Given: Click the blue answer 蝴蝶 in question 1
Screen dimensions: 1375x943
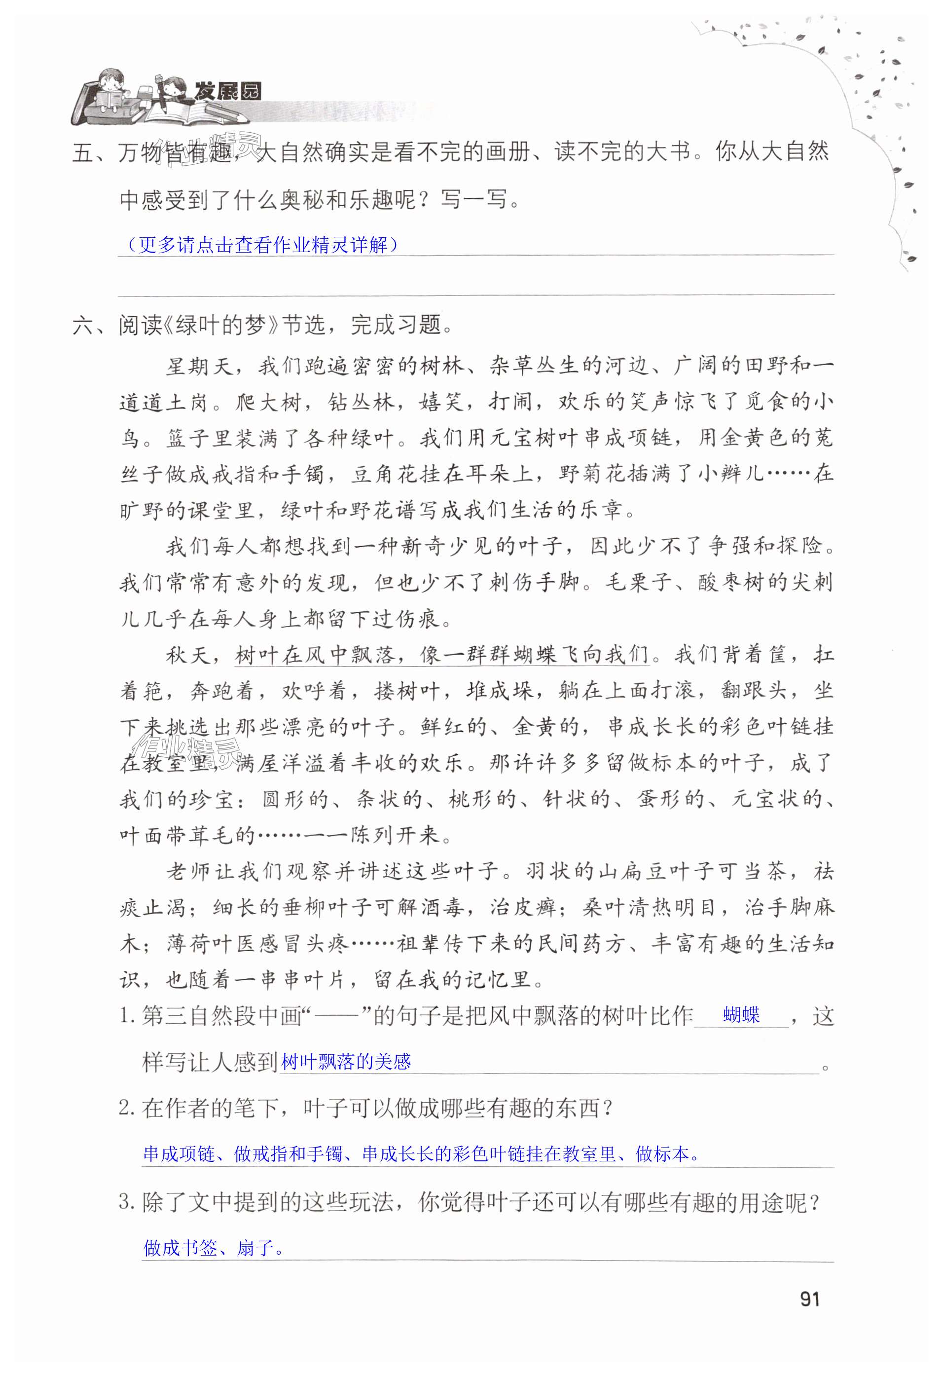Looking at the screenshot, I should click(x=741, y=1015).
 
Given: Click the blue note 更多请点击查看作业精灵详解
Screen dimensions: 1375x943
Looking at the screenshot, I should click(x=262, y=244).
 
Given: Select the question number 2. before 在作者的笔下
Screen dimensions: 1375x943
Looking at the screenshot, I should click(x=127, y=1108).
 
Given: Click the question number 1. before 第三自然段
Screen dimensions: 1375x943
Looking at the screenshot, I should click(x=127, y=1016).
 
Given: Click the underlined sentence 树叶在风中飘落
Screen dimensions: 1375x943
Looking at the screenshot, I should click(x=441, y=654).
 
